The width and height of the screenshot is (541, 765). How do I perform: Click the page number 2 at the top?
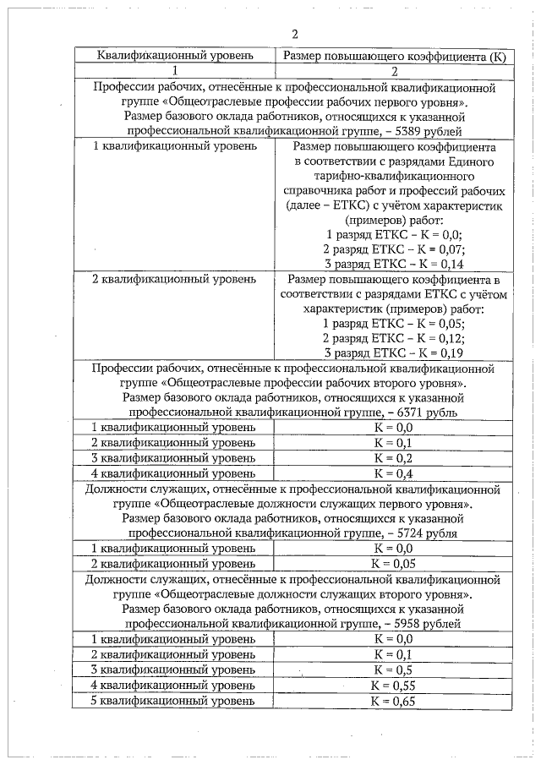[x=294, y=35]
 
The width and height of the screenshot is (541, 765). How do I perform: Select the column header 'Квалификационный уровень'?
[x=174, y=56]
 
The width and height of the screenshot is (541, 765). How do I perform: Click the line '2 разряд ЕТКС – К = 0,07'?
[x=395, y=249]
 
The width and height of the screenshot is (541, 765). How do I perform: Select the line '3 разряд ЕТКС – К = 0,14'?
[x=395, y=264]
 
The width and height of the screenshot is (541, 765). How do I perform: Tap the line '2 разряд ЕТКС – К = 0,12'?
[x=395, y=337]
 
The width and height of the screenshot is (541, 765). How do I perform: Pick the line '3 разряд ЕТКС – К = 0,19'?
[x=395, y=352]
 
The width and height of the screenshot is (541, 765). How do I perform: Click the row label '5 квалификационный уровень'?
[x=173, y=702]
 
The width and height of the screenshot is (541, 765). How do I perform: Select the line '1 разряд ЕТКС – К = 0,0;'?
[x=395, y=234]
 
